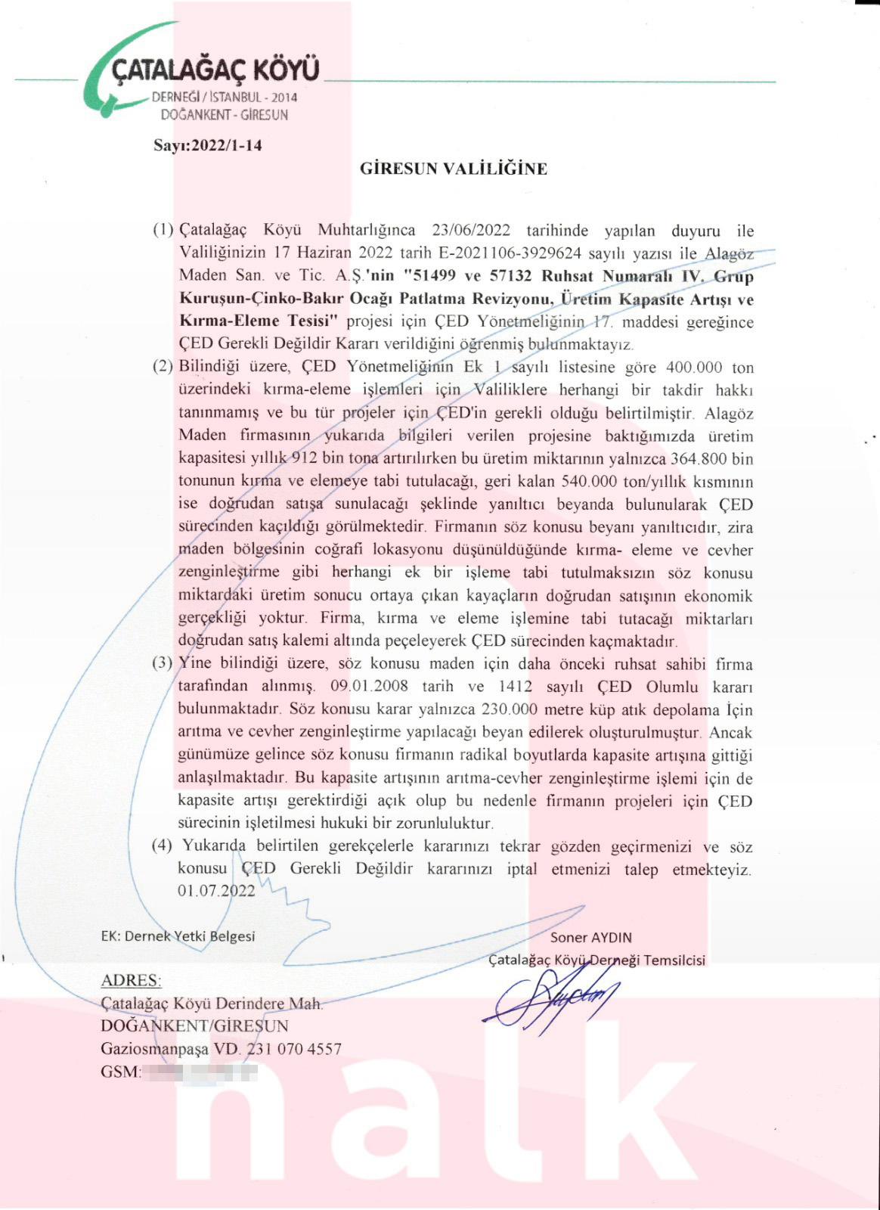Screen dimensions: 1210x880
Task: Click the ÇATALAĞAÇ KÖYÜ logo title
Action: tap(215, 70)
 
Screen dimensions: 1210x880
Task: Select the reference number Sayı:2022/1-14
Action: tap(208, 145)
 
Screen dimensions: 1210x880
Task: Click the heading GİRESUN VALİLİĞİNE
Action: tap(453, 169)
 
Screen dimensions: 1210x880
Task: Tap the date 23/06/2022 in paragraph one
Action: tap(471, 230)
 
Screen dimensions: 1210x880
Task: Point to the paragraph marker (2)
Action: tap(163, 368)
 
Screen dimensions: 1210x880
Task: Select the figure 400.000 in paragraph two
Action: tap(693, 368)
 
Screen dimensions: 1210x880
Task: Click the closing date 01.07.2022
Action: tap(216, 892)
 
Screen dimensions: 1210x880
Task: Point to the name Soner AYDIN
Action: tap(590, 937)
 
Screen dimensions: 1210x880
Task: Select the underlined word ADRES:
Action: tap(131, 980)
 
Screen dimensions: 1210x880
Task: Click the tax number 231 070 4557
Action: tap(294, 1049)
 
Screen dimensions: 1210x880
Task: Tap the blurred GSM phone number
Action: tap(200, 1072)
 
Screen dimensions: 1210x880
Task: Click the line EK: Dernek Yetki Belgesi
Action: tap(178, 936)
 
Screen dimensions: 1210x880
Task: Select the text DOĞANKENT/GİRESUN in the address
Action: tap(194, 1026)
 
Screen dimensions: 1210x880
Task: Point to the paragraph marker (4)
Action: tap(163, 846)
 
